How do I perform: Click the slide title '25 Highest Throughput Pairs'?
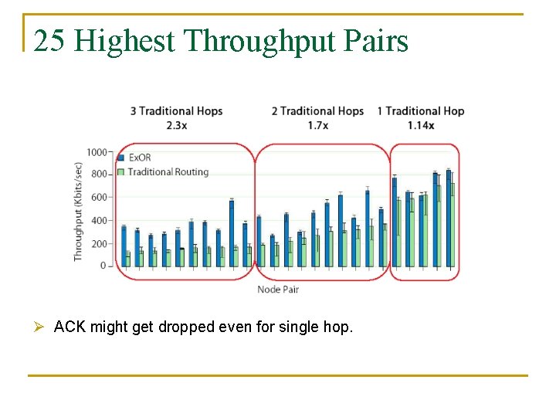pyautogui.click(x=221, y=41)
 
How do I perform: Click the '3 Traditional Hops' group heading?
pyautogui.click(x=176, y=111)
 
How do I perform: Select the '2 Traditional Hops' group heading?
pyautogui.click(x=317, y=111)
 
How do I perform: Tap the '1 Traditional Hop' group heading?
pyautogui.click(x=421, y=111)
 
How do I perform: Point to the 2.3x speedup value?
pyautogui.click(x=176, y=125)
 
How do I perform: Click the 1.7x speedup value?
pyautogui.click(x=317, y=125)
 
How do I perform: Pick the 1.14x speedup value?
pyautogui.click(x=421, y=125)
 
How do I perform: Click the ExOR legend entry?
pyautogui.click(x=139, y=158)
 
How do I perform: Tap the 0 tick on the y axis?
pyautogui.click(x=103, y=266)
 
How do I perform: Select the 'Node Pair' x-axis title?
pyautogui.click(x=277, y=290)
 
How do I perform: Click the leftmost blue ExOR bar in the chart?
pyautogui.click(x=123, y=246)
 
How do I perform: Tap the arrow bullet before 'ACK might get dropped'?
pyautogui.click(x=41, y=327)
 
